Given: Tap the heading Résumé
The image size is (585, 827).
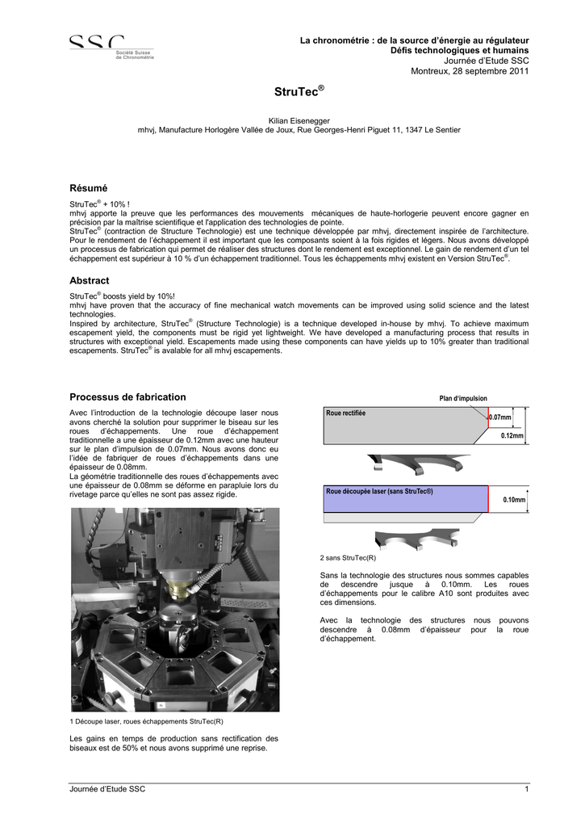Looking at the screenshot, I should tap(88, 187).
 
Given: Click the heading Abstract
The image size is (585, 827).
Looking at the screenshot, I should tap(90, 279).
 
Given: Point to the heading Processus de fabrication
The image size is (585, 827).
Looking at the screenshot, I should tap(127, 397).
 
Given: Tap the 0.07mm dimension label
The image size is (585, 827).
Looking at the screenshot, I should tap(500, 417).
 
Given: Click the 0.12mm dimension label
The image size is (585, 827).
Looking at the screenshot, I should tap(512, 435).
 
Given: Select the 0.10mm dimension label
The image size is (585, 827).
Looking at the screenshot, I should tap(513, 500).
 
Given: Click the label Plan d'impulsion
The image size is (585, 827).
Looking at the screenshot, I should tap(462, 398).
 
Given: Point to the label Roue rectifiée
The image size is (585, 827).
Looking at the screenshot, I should tap(345, 413).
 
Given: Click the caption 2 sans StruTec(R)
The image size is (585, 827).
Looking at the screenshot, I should tap(348, 557).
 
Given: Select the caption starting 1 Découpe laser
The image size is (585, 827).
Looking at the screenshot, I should tap(147, 720).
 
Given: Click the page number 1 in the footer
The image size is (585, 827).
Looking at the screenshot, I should tap(526, 788).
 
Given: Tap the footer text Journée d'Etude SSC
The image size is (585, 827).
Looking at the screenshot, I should tap(108, 788).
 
